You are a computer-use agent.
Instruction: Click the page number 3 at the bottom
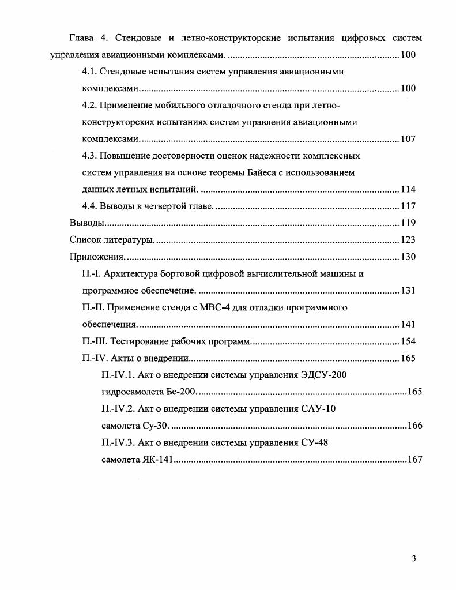tap(414, 558)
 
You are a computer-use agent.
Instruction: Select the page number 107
tap(408, 139)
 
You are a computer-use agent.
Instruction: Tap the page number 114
tap(408, 190)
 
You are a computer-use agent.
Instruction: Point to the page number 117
tap(408, 206)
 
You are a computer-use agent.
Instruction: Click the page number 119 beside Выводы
tap(408, 223)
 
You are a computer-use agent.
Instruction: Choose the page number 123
tap(408, 240)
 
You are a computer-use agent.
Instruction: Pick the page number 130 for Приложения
tap(408, 257)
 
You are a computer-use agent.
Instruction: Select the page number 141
tap(408, 324)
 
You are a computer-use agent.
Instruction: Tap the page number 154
tap(408, 341)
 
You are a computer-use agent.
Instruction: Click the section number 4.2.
tap(91, 106)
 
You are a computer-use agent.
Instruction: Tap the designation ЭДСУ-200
tap(324, 375)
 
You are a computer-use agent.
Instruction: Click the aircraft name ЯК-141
tap(157, 460)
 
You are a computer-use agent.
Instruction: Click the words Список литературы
tap(111, 240)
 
